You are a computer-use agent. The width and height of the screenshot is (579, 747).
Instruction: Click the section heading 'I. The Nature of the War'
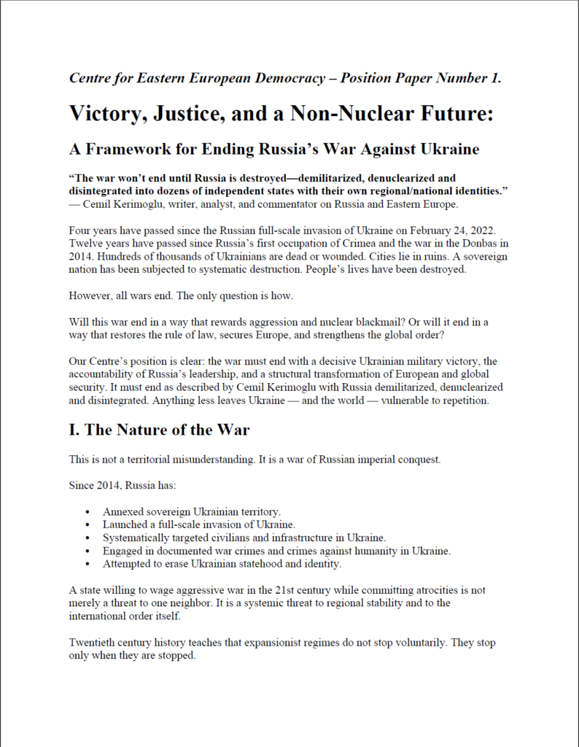pos(159,430)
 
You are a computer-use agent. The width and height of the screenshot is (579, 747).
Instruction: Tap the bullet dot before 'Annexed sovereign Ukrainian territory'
pos(88,511)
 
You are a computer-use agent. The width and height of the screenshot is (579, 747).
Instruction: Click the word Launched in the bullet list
pos(127,525)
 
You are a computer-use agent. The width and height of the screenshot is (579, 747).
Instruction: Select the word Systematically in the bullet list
pos(139,538)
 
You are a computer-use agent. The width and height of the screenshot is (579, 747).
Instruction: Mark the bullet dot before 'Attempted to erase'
pos(88,564)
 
